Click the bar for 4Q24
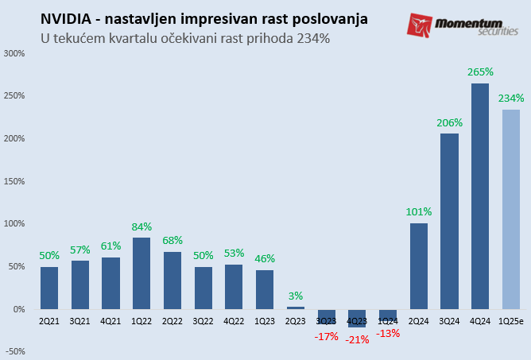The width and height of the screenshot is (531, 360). tap(480, 196)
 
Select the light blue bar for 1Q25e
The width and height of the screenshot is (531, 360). tap(511, 209)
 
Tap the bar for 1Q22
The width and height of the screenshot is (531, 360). tap(141, 273)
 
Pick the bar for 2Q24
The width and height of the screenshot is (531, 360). tap(419, 265)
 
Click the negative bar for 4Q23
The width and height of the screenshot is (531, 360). tap(357, 318)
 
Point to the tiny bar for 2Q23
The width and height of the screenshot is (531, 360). tap(295, 308)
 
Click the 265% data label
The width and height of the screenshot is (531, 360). tap(480, 72)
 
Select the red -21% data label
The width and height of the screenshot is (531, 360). tap(357, 339)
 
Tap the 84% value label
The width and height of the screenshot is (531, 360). tap(141, 226)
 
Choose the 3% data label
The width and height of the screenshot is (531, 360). tap(295, 296)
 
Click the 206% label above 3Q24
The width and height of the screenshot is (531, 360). tap(450, 122)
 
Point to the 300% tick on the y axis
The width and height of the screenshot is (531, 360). tap(14, 54)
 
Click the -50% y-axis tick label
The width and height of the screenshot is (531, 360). tap(14, 351)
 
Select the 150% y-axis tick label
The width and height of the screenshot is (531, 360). tap(14, 181)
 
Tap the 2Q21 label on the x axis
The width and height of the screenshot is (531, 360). tap(49, 320)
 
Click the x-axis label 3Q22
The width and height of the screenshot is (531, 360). tap(203, 320)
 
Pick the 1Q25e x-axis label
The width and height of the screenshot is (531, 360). tap(511, 320)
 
